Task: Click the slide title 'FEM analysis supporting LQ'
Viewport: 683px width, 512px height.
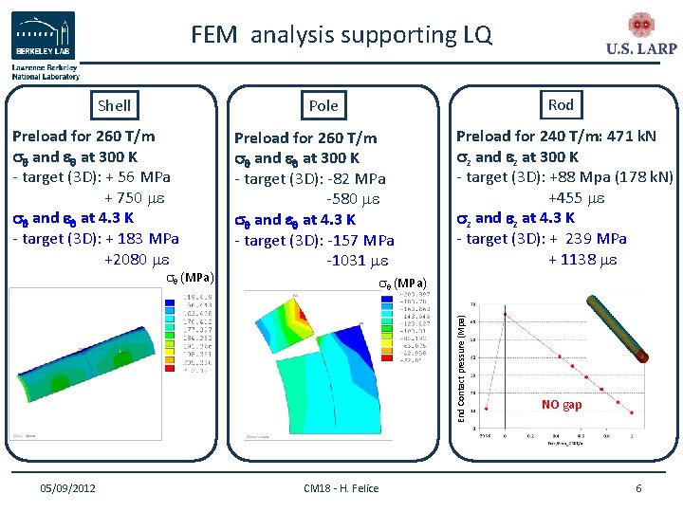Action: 341,35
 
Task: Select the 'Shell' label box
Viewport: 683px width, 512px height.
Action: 114,105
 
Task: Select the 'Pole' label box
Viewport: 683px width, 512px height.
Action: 323,106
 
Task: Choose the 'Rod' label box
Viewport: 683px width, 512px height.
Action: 560,104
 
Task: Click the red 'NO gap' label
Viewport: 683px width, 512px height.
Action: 562,405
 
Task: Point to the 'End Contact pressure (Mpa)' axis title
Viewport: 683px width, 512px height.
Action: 463,357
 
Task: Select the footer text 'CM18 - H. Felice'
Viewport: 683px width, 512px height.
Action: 341,488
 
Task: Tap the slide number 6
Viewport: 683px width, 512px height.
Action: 638,488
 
